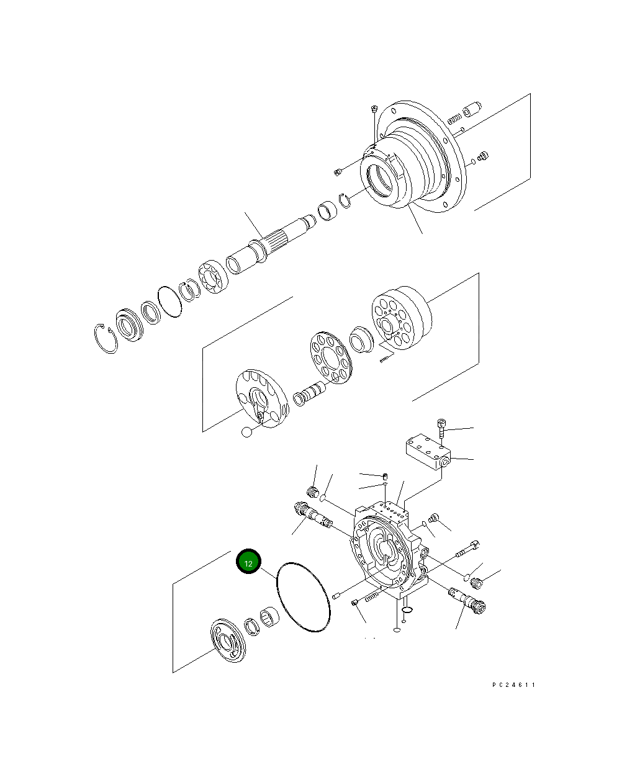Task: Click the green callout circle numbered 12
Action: pos(248,562)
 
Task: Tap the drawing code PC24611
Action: pos(513,685)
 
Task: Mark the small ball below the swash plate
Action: pos(247,432)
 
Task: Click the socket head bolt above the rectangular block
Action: pos(441,429)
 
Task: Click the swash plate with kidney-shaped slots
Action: pos(261,398)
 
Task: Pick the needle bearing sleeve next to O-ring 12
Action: pos(270,618)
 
